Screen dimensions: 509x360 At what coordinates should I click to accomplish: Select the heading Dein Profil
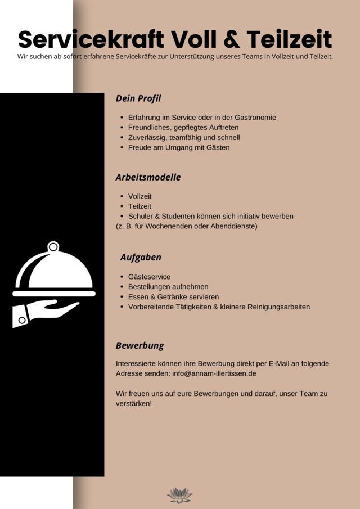click(x=138, y=98)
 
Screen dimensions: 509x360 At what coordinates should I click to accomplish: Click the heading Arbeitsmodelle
click(x=148, y=177)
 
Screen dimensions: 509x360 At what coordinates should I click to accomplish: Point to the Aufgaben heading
click(x=141, y=257)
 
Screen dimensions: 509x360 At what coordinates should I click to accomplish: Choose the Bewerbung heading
click(x=139, y=345)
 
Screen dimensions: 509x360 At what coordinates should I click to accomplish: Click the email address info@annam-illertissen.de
click(x=214, y=373)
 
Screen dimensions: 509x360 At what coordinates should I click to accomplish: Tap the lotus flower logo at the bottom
click(x=179, y=495)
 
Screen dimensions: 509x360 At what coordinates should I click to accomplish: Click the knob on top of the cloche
click(x=53, y=246)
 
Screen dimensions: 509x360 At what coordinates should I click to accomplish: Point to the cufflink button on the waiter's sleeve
click(x=21, y=320)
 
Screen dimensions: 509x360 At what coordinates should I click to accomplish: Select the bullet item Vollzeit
click(x=139, y=196)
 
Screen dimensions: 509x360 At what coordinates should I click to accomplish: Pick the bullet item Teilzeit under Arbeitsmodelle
click(x=139, y=206)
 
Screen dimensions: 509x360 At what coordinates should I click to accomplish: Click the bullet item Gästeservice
click(x=149, y=277)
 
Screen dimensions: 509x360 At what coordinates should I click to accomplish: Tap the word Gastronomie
click(x=250, y=118)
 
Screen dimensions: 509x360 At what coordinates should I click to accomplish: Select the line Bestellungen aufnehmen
click(x=168, y=287)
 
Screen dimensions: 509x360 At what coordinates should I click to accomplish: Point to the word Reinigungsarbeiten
click(x=278, y=307)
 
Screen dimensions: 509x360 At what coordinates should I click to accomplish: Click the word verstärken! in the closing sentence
click(x=134, y=404)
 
